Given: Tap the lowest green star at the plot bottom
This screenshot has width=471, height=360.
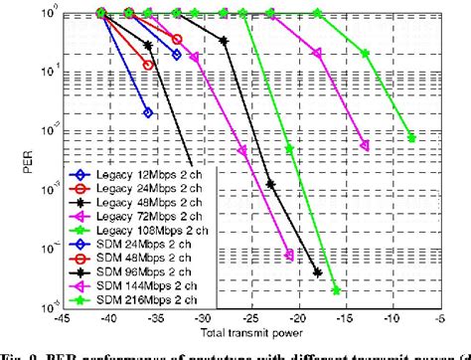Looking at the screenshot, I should [x=337, y=290].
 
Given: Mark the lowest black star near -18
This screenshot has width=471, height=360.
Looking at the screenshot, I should [x=318, y=273].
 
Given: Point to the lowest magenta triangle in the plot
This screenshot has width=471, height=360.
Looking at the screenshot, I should [x=289, y=256].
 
